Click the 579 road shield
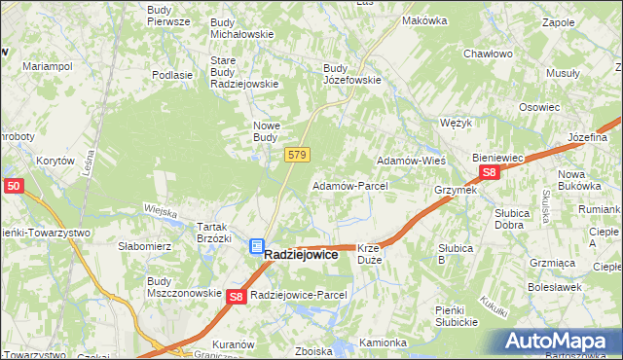tap(298, 156)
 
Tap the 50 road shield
tap(13, 185)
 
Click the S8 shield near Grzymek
tap(490, 173)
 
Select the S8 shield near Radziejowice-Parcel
tap(237, 296)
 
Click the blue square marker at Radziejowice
tap(256, 248)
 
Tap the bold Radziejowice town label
tap(302, 254)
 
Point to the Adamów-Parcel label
tap(349, 185)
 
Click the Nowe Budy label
tap(266, 131)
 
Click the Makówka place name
tap(424, 20)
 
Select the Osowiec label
tap(539, 108)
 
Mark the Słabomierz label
tap(144, 246)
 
